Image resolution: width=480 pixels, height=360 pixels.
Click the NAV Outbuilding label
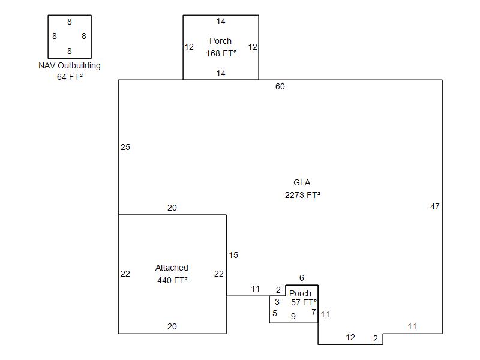coord(70,65)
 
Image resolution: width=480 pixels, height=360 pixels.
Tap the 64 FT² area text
coord(70,76)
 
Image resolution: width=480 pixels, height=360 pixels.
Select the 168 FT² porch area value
coord(221,53)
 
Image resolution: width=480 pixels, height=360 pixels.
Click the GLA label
coord(302,182)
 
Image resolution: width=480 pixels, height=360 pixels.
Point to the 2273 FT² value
coord(302,194)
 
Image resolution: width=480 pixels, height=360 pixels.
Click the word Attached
coord(172,268)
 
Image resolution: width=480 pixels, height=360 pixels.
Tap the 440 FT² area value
coord(172,280)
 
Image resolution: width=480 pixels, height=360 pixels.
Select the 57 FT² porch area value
coord(304,302)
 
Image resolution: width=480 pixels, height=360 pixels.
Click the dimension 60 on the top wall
coord(280,86)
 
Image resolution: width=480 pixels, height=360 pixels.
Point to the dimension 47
coord(435,206)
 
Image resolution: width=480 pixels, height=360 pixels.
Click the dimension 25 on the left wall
coord(125,147)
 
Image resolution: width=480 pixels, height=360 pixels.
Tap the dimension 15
coord(233,255)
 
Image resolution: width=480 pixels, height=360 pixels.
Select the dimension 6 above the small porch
coord(302,278)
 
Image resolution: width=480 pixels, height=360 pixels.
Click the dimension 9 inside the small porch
coord(293,316)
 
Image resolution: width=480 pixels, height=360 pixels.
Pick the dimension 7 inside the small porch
coord(313,312)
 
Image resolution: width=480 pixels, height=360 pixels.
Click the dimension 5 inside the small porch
coord(275,313)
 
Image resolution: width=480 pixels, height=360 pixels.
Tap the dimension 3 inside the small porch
coord(277,302)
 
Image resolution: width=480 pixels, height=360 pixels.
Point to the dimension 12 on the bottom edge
coord(350,337)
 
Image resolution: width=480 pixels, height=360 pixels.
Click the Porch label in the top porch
coord(221,41)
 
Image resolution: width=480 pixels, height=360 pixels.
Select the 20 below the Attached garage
coord(172,326)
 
